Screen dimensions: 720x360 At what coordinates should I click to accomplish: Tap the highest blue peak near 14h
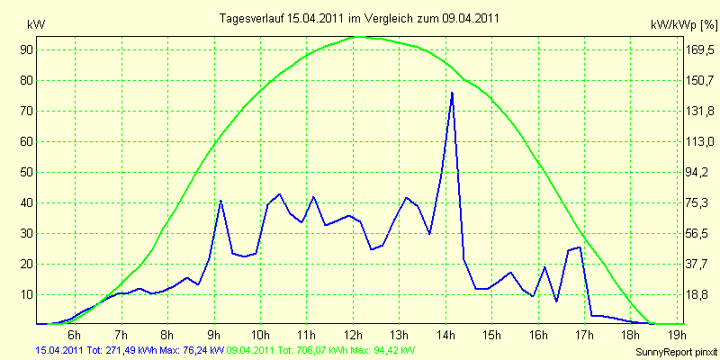click(453, 93)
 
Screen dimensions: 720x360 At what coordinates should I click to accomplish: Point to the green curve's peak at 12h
click(358, 37)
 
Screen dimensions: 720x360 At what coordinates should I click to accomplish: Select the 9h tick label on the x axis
click(214, 333)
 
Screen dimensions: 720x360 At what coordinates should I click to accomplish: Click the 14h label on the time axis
click(445, 333)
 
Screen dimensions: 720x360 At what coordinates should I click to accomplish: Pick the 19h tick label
click(678, 333)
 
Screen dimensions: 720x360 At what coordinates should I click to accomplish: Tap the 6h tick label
click(76, 333)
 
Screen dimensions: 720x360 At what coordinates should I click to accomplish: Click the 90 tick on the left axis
click(26, 49)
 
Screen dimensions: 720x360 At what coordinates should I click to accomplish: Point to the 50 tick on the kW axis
click(26, 172)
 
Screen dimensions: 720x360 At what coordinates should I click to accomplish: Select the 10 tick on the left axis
click(26, 295)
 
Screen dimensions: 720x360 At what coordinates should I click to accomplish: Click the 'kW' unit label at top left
click(36, 25)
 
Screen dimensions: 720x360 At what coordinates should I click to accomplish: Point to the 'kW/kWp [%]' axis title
click(683, 25)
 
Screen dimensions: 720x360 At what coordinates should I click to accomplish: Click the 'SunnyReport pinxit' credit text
click(676, 352)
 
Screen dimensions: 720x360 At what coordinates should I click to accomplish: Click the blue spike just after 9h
click(220, 201)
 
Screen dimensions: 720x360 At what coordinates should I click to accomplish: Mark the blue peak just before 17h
click(580, 247)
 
